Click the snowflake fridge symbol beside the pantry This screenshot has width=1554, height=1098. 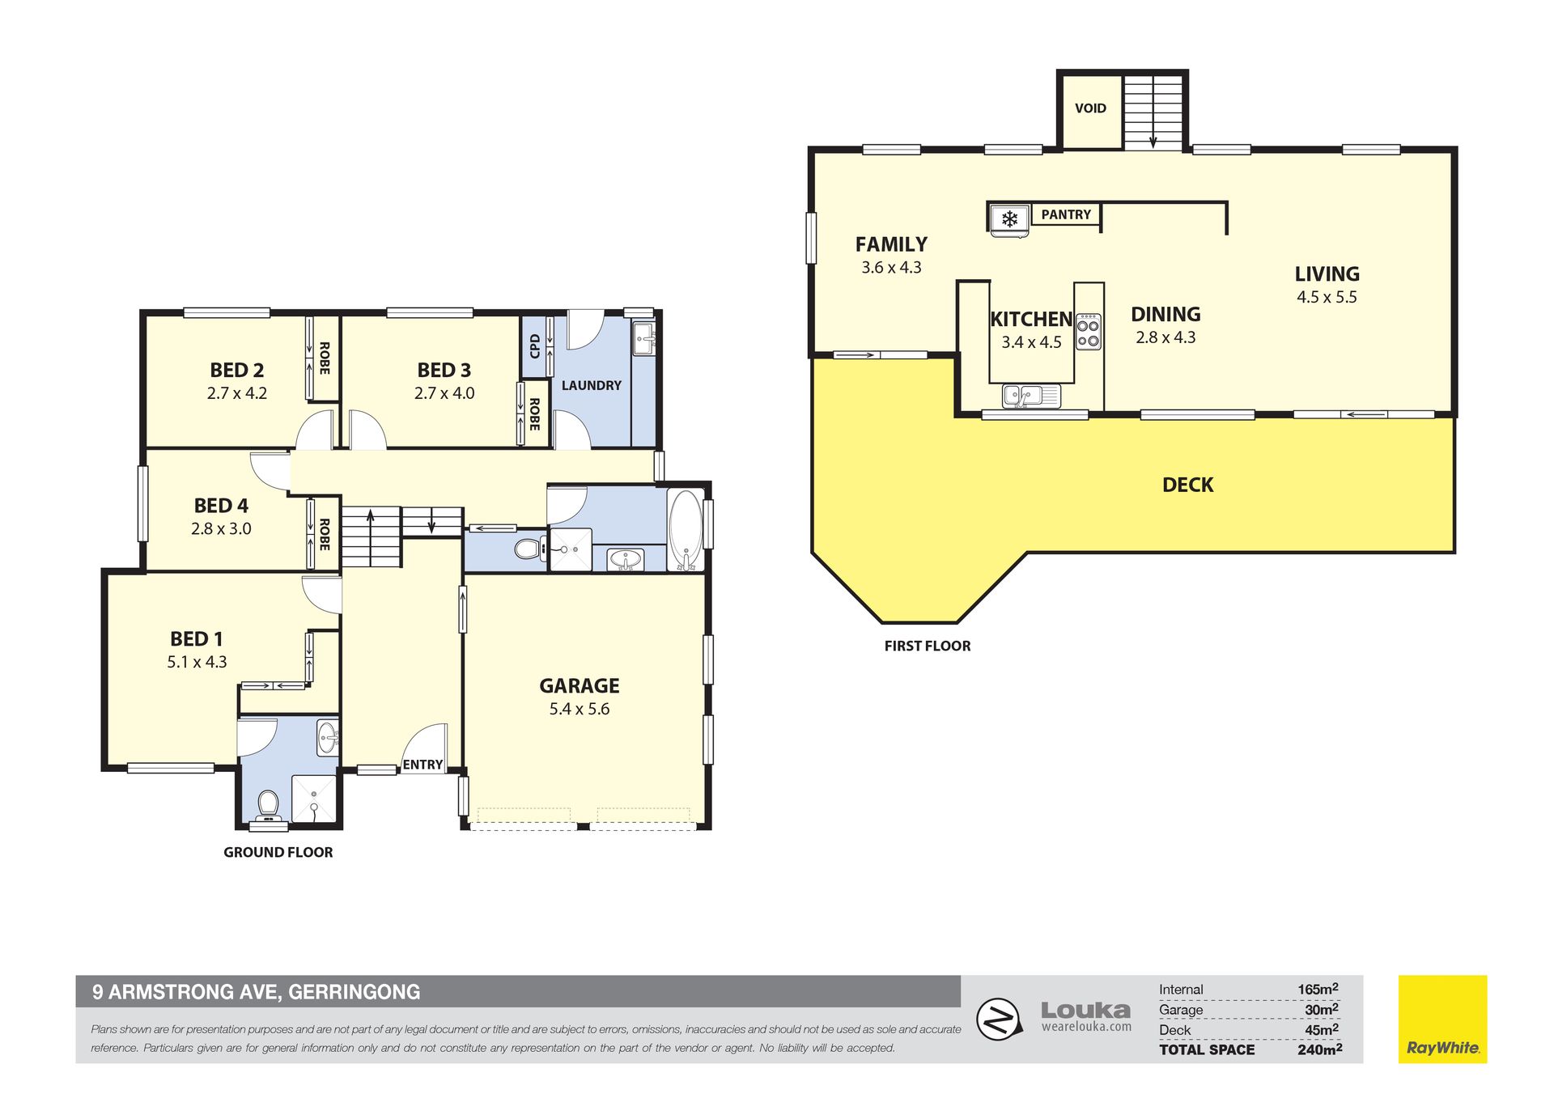point(1009,218)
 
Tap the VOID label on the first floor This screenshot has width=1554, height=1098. point(1090,108)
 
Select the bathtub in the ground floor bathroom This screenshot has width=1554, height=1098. point(686,530)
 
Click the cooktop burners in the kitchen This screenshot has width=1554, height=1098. point(1089,332)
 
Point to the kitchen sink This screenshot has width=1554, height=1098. point(1031,396)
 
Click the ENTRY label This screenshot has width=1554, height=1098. point(422,765)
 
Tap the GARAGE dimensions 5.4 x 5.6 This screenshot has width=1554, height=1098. point(580,709)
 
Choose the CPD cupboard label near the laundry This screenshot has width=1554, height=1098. point(534,346)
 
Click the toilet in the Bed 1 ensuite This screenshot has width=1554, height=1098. point(268,808)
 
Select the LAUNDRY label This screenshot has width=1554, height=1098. point(592,385)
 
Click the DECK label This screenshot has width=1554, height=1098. point(1187,485)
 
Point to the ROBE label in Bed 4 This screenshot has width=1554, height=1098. point(325,535)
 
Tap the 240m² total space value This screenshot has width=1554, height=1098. point(1320,1049)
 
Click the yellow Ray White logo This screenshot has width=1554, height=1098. point(1442,1019)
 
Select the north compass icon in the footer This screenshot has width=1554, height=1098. point(998,1019)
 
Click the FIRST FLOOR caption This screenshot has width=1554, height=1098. point(927,646)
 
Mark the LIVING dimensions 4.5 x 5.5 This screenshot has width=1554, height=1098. point(1327,297)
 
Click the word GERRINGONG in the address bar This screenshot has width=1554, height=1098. point(355,992)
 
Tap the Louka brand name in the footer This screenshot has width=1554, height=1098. point(1085,1010)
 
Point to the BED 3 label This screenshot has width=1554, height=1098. point(444,370)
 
